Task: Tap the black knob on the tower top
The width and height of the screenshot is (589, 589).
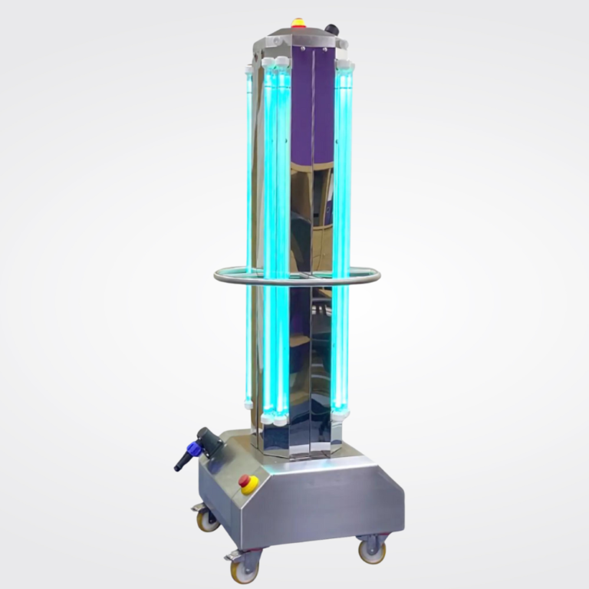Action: point(331,29)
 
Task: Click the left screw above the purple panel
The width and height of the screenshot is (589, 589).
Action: point(302,48)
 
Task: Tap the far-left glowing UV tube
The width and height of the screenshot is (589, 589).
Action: point(249,230)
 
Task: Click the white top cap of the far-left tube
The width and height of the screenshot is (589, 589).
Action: point(248,71)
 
